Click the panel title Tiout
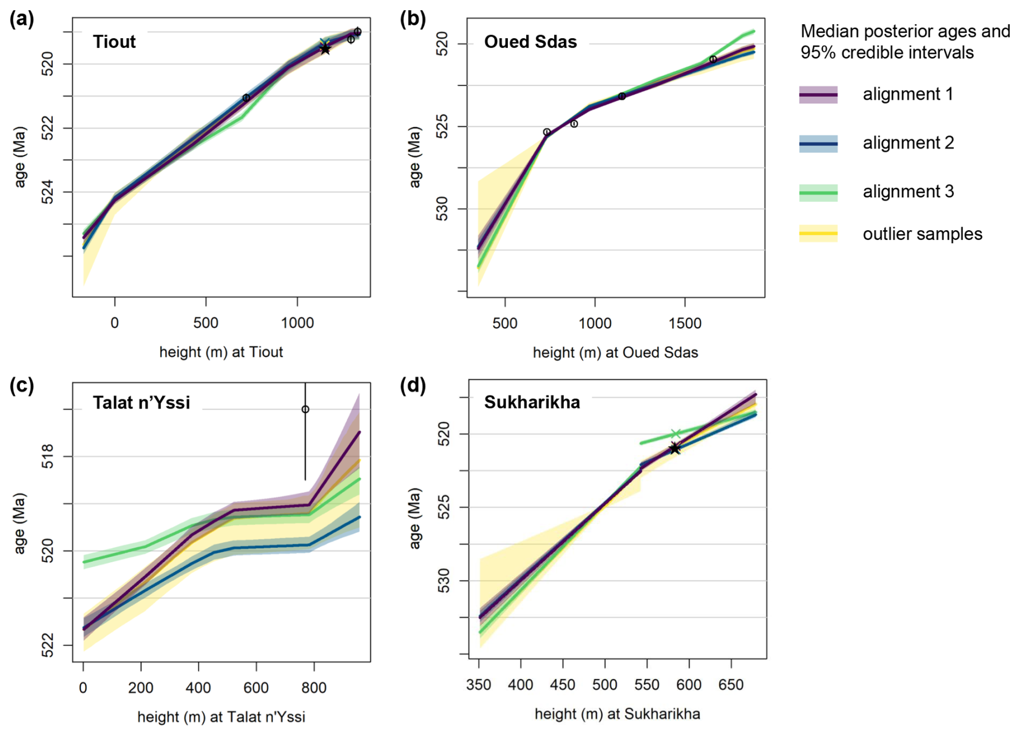pos(114,42)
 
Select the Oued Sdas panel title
pos(530,42)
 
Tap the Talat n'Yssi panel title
pos(141,402)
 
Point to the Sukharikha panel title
pos(532,402)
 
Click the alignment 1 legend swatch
pos(818,94)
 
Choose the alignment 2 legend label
pos(908,143)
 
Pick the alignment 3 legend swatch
pos(818,192)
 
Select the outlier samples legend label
pos(922,234)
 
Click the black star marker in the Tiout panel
pos(325,50)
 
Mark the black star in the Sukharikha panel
pos(674,448)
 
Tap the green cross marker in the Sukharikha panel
pos(676,433)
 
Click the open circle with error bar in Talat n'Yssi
pos(305,409)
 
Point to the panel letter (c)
pos(22,386)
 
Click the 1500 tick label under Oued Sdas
pos(685,323)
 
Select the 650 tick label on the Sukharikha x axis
pos(730,685)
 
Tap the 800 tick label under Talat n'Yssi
pos(313,687)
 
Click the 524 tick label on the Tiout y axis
pos(47,192)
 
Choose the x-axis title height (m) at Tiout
pos(221,352)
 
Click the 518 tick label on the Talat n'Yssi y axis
pos(47,456)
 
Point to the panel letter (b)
pos(412,19)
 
